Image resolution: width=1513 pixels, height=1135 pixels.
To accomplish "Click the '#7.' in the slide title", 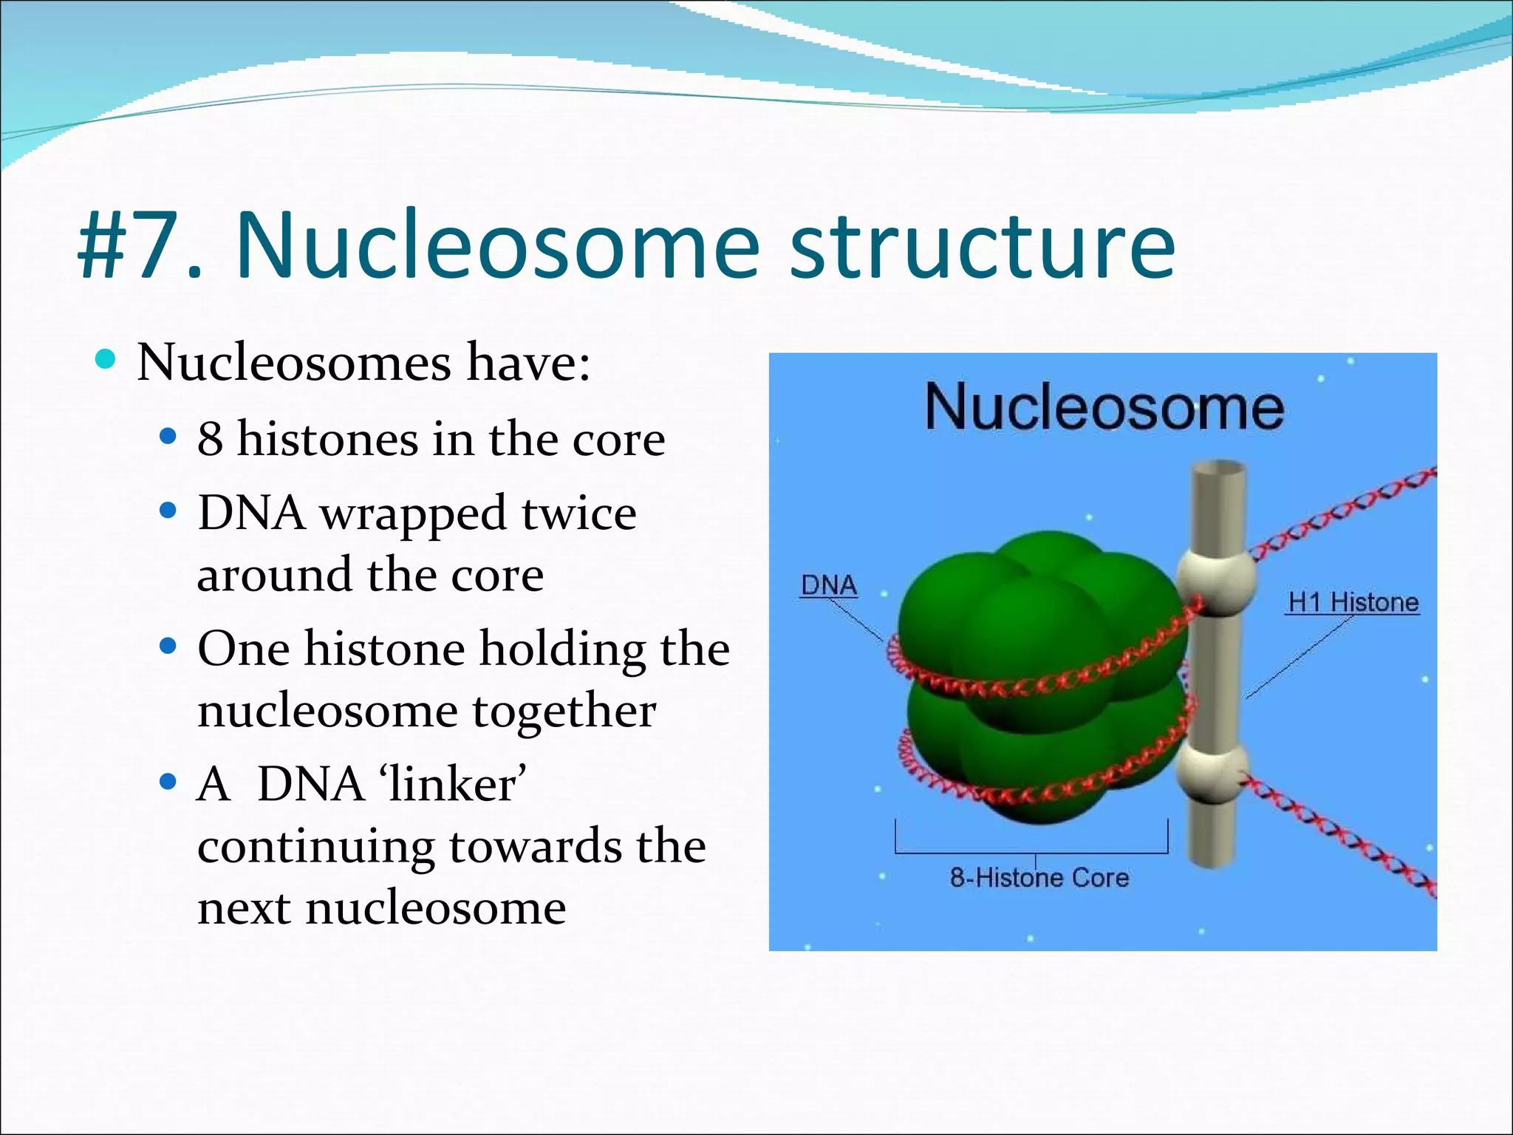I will (x=140, y=245).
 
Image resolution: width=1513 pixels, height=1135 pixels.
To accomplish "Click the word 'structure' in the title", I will (x=983, y=245).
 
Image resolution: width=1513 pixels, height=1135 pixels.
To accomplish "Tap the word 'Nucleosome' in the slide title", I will (x=496, y=245).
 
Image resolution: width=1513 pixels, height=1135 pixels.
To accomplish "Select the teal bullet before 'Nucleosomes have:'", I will (x=106, y=360).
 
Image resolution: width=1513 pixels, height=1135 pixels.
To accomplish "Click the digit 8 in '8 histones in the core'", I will (x=210, y=439).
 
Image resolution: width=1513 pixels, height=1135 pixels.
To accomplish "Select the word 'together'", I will (x=564, y=712).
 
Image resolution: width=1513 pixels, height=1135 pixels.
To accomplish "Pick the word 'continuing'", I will (x=316, y=847).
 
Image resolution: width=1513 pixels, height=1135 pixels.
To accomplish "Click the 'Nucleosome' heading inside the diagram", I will (x=1104, y=407).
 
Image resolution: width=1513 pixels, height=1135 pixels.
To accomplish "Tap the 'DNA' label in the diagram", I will (x=829, y=585).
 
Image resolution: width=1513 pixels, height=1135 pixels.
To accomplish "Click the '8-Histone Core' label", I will (x=1039, y=878).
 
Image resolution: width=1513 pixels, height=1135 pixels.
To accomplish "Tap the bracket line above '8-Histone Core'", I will (x=1031, y=852).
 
